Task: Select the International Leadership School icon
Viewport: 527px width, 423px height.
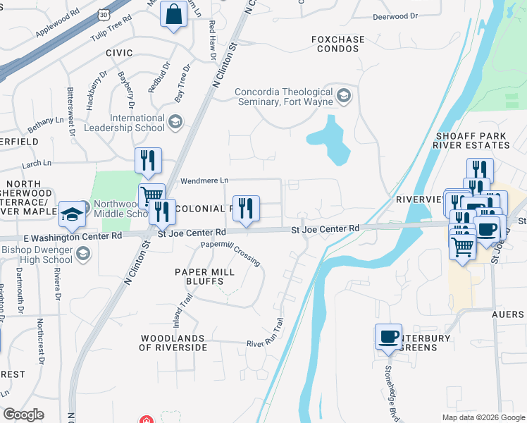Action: pyautogui.click(x=175, y=123)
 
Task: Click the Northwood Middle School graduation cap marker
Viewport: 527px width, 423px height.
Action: pyautogui.click(x=72, y=214)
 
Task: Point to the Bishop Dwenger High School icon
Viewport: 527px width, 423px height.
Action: pyautogui.click(x=83, y=254)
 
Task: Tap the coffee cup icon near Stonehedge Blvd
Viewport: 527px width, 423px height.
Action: pyautogui.click(x=387, y=337)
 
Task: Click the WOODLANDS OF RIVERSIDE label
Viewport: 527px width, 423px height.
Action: pyautogui.click(x=173, y=343)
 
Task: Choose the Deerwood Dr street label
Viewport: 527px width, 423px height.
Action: pyautogui.click(x=395, y=15)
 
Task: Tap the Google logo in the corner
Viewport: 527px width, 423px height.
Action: pyautogui.click(x=23, y=415)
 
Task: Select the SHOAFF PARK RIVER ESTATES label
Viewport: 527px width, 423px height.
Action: pyautogui.click(x=472, y=140)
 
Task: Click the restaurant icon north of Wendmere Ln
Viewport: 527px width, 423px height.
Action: pyautogui.click(x=148, y=161)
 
